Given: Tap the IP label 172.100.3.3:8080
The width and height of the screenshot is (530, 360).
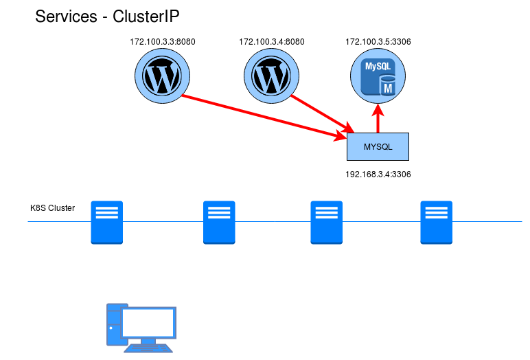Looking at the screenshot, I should pyautogui.click(x=163, y=42).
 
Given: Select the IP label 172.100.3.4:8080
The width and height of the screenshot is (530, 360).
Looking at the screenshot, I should pyautogui.click(x=272, y=42).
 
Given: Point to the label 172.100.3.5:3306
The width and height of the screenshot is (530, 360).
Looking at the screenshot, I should pyautogui.click(x=378, y=42).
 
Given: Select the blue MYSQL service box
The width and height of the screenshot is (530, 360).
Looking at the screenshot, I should pyautogui.click(x=378, y=147).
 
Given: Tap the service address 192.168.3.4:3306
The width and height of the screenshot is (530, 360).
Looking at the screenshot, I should pyautogui.click(x=378, y=175).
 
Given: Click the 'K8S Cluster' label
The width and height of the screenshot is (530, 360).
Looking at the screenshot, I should pyautogui.click(x=53, y=207).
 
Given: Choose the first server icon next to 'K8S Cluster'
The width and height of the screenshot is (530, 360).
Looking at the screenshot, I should pyautogui.click(x=106, y=222).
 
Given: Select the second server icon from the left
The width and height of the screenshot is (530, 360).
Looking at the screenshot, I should pyautogui.click(x=219, y=222).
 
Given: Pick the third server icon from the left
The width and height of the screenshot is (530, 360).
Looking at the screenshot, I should pyautogui.click(x=326, y=222).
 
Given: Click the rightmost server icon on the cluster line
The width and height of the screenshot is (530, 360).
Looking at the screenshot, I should pyautogui.click(x=437, y=222).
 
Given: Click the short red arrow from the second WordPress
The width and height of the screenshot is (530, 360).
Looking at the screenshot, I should pyautogui.click(x=321, y=113).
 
